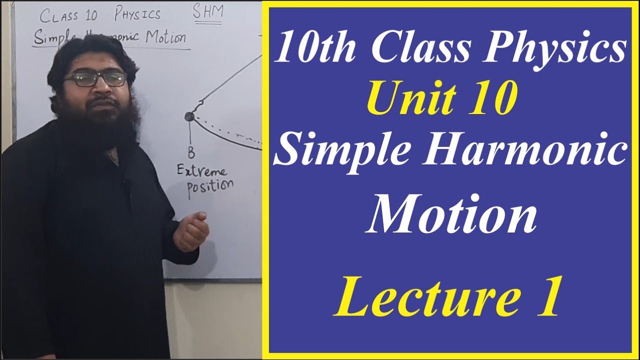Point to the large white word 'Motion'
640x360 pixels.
451,214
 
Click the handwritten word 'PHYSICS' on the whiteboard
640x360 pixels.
137,14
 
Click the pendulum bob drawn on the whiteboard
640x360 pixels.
189,116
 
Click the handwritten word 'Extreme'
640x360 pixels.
201,172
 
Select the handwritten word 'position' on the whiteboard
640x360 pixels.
210,188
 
